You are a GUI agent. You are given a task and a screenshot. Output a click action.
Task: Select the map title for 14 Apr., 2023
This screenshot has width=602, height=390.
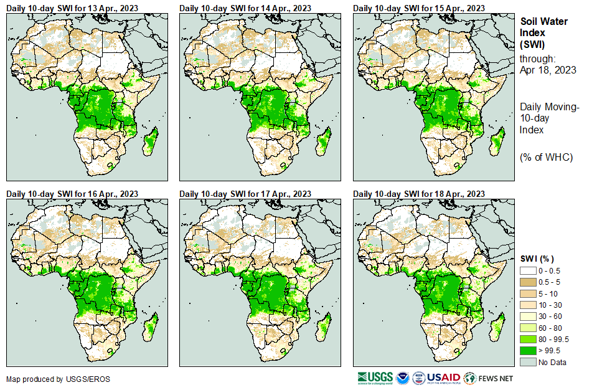point(245,7)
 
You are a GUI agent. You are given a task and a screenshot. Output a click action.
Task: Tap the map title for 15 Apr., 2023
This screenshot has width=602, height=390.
point(419,7)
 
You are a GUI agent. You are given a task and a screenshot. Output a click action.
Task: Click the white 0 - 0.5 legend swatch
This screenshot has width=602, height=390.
point(528,271)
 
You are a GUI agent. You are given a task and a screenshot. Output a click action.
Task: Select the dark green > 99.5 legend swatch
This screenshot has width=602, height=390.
point(528,350)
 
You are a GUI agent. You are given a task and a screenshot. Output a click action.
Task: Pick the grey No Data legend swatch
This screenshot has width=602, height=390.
point(528,361)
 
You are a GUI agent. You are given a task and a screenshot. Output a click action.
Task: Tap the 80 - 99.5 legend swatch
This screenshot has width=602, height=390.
point(528,339)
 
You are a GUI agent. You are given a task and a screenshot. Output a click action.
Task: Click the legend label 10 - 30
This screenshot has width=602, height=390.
point(552,305)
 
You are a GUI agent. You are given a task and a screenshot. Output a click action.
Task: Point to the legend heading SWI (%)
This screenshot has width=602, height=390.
point(537,259)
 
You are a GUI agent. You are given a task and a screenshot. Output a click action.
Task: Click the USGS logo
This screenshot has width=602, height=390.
point(374,378)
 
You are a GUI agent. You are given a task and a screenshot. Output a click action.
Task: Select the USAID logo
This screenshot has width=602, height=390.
point(443,378)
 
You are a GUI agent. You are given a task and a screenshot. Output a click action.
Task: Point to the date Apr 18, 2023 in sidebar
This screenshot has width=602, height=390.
point(548,70)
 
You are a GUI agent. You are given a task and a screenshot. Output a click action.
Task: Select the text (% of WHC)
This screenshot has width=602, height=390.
point(546,157)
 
